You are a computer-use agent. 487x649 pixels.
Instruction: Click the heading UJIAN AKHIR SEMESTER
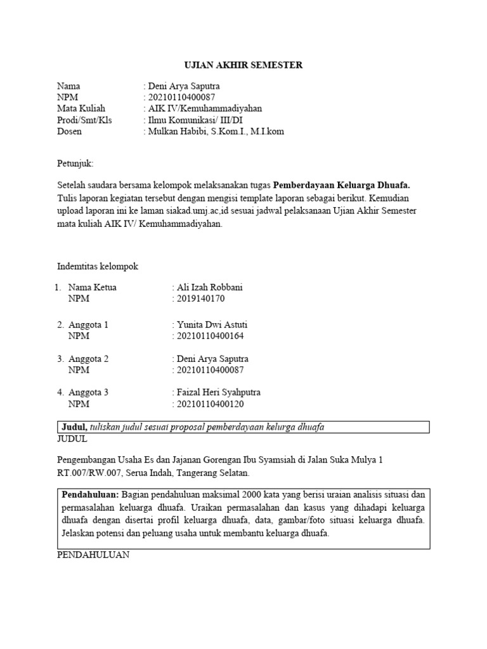click(243, 65)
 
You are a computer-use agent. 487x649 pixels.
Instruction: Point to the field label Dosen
click(70, 132)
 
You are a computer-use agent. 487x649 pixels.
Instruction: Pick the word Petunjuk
click(74, 163)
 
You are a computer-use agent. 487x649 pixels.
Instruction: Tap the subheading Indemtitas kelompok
click(98, 267)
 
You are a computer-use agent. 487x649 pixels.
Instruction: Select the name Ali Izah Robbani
click(211, 287)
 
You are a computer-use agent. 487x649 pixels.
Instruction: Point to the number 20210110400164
click(211, 336)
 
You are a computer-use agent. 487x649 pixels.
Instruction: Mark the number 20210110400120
click(211, 404)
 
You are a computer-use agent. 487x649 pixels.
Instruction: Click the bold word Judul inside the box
click(74, 427)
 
